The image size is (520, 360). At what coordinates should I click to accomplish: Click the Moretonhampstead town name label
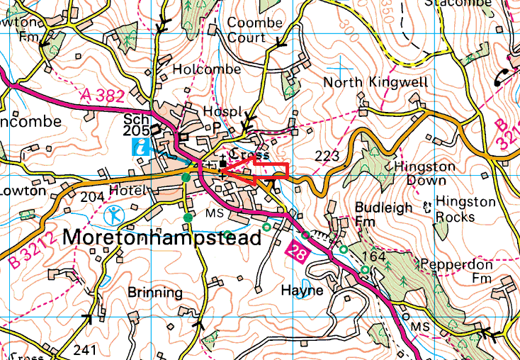click(x=162, y=238)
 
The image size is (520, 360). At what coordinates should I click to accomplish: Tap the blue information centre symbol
click(x=142, y=147)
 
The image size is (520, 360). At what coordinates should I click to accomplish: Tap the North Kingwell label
click(x=375, y=83)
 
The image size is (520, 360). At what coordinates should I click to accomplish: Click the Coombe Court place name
click(x=254, y=30)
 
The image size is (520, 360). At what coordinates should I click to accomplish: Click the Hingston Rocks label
click(x=465, y=210)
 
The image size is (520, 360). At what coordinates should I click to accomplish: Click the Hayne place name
click(x=302, y=291)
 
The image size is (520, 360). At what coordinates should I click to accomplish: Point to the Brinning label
click(x=156, y=292)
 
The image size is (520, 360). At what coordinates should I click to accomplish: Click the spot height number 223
click(x=328, y=155)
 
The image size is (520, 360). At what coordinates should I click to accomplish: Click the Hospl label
click(x=217, y=112)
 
